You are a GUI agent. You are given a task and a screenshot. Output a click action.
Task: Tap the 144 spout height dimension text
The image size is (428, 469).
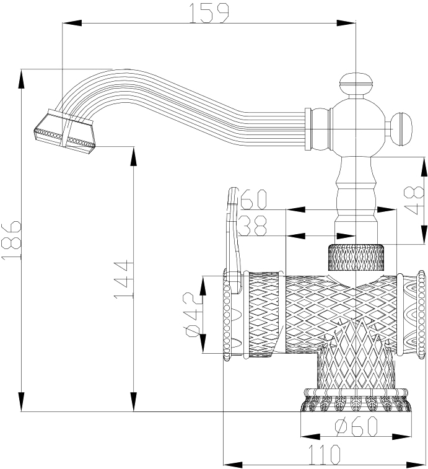(123, 280)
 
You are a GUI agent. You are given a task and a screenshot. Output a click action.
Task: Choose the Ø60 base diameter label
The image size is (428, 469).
(356, 426)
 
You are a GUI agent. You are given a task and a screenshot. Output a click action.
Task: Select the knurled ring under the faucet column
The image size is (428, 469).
(356, 256)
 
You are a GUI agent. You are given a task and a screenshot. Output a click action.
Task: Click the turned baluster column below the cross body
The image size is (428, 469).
(356, 192)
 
